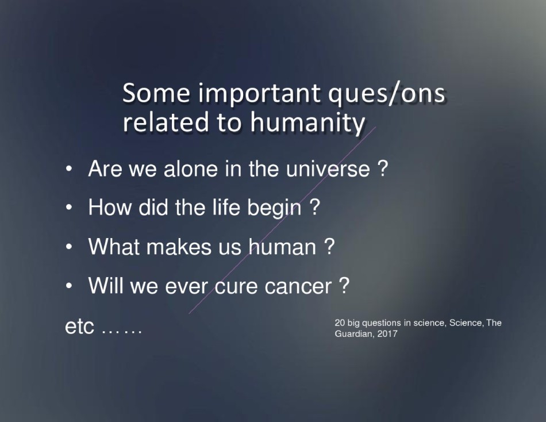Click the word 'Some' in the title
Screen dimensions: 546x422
click(x=156, y=93)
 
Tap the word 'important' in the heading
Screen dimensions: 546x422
click(x=259, y=94)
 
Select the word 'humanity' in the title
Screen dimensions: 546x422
click(x=307, y=124)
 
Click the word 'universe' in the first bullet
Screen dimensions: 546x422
click(x=328, y=168)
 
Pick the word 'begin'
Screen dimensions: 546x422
click(x=274, y=209)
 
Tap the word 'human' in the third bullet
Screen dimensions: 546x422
click(x=282, y=247)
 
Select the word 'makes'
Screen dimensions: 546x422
click(x=179, y=247)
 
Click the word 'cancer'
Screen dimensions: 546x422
click(x=298, y=286)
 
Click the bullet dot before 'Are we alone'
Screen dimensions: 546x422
click(x=69, y=169)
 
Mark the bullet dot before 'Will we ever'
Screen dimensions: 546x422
click(x=69, y=286)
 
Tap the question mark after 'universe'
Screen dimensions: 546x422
click(x=382, y=168)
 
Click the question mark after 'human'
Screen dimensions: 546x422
click(x=329, y=246)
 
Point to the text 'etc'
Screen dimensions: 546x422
click(x=79, y=327)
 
